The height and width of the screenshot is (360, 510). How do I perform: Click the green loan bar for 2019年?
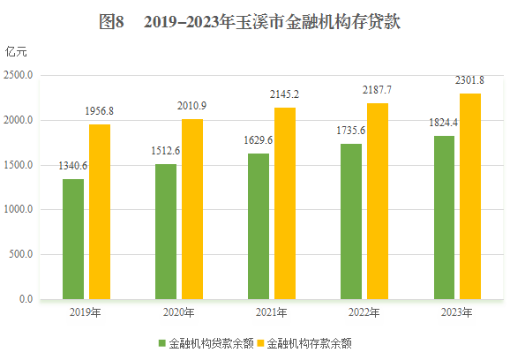click(x=73, y=239)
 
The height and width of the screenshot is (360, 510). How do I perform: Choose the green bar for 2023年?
click(x=444, y=218)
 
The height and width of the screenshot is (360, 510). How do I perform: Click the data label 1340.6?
click(x=72, y=167)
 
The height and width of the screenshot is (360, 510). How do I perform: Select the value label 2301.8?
click(x=469, y=81)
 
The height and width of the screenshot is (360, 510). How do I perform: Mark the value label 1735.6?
click(x=351, y=131)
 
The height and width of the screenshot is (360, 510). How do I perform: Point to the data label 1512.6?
click(x=165, y=151)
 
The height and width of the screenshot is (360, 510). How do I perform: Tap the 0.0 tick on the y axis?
click(x=25, y=300)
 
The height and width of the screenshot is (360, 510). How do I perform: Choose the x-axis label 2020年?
click(x=179, y=312)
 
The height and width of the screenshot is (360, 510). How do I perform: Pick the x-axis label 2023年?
click(x=457, y=312)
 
